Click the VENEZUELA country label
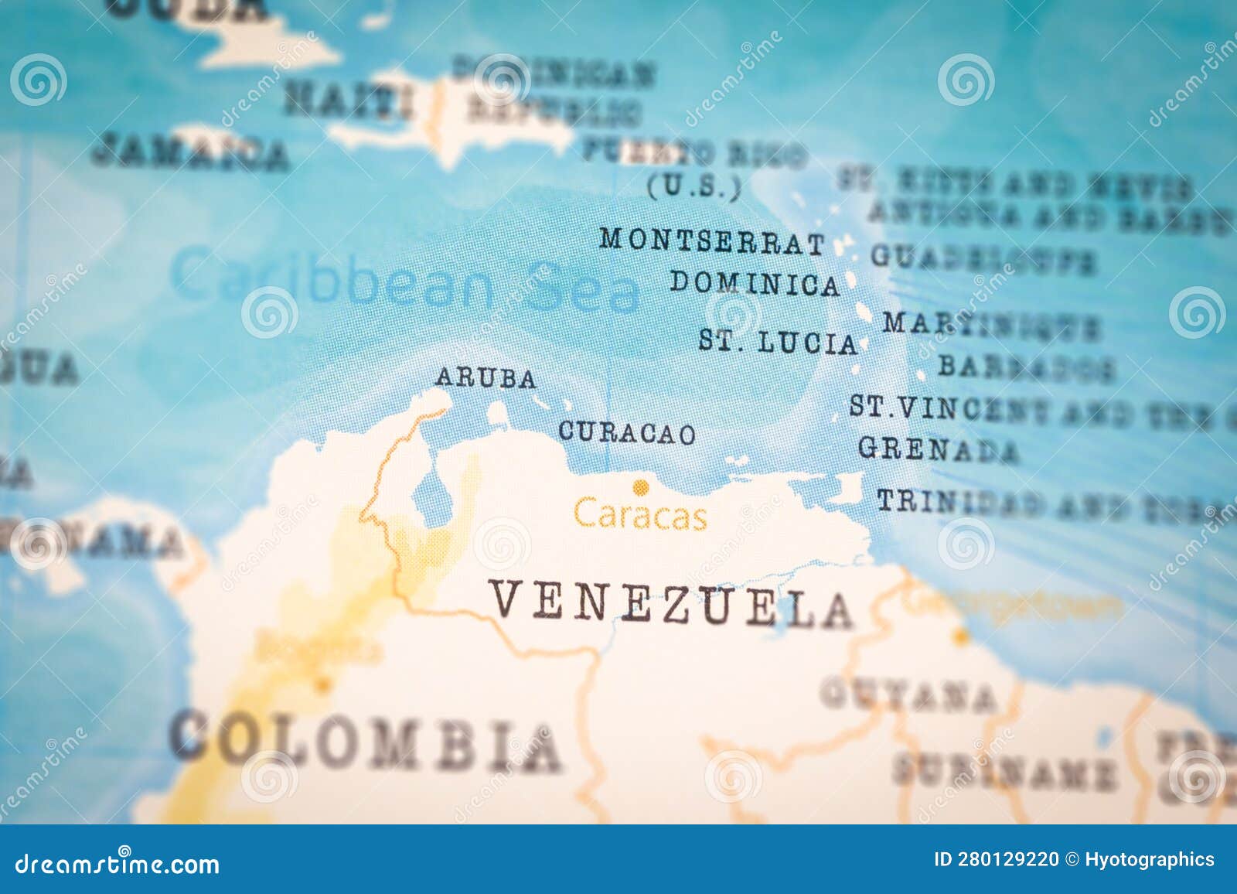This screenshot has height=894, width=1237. [x=671, y=605]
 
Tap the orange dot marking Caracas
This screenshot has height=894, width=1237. [x=640, y=487]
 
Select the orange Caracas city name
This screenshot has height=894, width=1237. [x=640, y=515]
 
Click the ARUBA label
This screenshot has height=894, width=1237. [x=486, y=378]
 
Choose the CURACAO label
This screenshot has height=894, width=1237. [x=626, y=433]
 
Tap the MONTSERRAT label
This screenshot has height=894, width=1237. [x=712, y=241]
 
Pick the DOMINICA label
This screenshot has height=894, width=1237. [x=755, y=284]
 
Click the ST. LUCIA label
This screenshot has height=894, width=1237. [x=778, y=342]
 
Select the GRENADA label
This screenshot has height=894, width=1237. [x=938, y=449]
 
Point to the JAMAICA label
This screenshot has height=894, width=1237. [x=189, y=151]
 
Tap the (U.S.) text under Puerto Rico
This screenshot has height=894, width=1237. [x=693, y=187]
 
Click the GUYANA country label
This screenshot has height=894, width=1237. [x=908, y=694]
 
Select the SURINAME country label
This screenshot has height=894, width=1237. [x=1004, y=770]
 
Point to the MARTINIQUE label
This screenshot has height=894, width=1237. [x=990, y=325]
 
